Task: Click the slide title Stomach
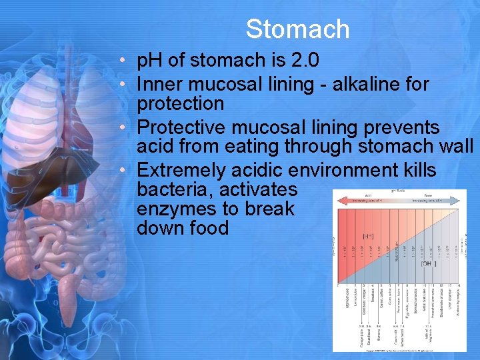tap(297, 29)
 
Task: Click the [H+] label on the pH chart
tap(367, 235)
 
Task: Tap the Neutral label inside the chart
tap(397, 252)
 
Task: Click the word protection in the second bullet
tap(180, 104)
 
